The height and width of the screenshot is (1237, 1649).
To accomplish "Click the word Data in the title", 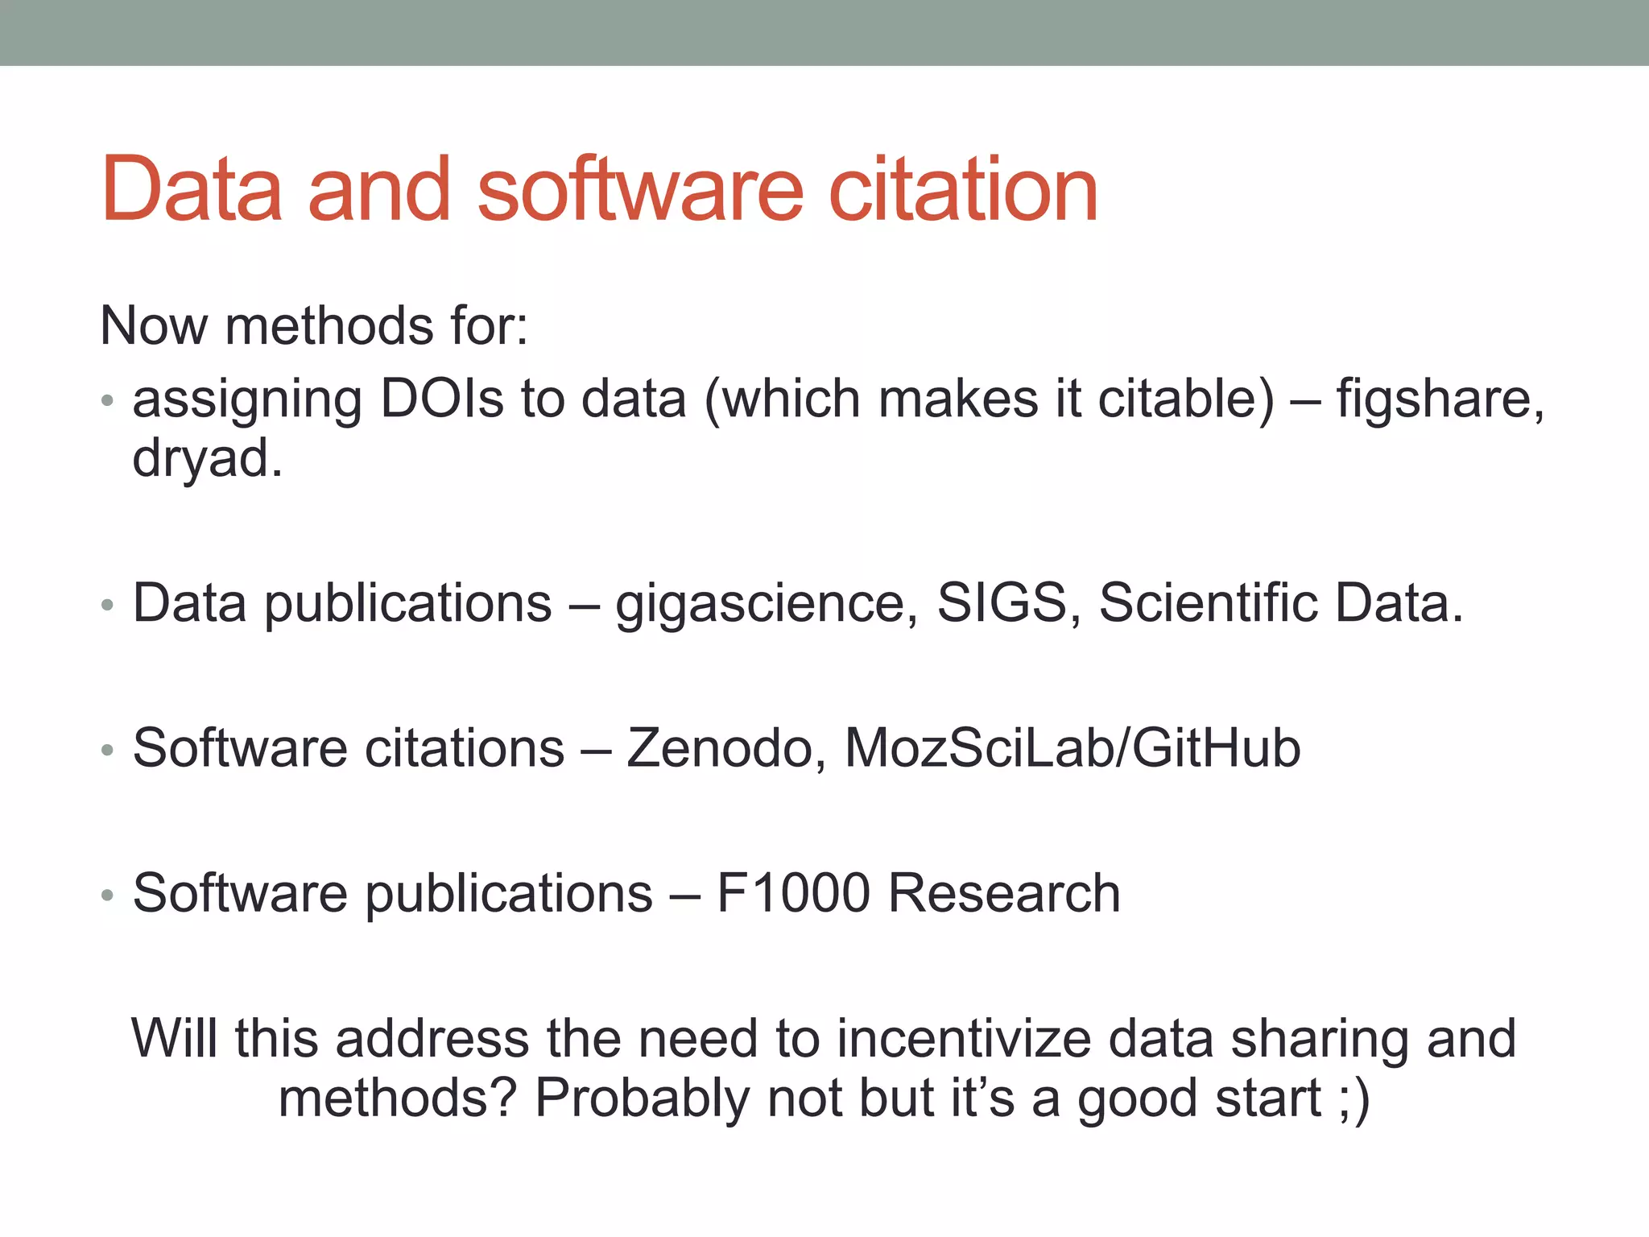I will pos(192,190).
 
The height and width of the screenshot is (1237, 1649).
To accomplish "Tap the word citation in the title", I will pos(963,190).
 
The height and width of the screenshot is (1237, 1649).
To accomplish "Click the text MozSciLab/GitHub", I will pos(1072,748).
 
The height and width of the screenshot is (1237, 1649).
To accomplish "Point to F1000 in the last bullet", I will pos(793,893).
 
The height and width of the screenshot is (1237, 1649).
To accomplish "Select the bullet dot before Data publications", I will pos(108,605).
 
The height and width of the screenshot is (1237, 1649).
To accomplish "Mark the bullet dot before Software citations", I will pos(108,750).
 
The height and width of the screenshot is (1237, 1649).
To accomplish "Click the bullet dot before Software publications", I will pos(108,895).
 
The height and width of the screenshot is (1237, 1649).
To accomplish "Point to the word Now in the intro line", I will pos(154,326).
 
